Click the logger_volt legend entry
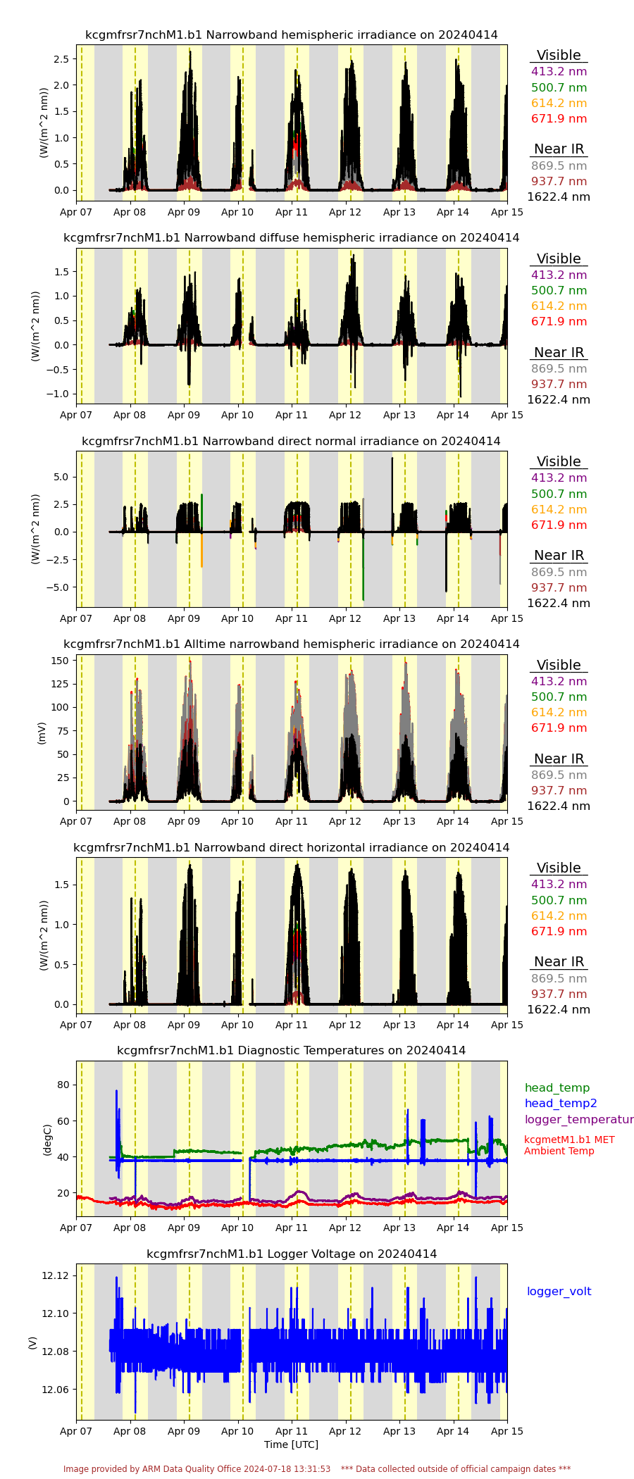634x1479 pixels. pyautogui.click(x=559, y=1291)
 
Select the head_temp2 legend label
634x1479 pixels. pyautogui.click(x=560, y=1103)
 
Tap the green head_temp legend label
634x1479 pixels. pyautogui.click(x=557, y=1087)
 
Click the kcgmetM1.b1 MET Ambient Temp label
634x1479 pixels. pyautogui.click(x=568, y=1144)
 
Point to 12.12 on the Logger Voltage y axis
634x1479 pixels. pyautogui.click(x=55, y=1275)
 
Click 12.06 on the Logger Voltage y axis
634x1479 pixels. pyautogui.click(x=55, y=1389)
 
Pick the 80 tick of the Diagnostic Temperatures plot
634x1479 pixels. pyautogui.click(x=63, y=1084)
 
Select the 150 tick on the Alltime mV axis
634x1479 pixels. pyautogui.click(x=61, y=660)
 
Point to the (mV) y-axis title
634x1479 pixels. pyautogui.click(x=41, y=732)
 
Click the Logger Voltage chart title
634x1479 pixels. pyautogui.click(x=291, y=1254)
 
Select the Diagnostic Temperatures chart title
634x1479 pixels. pyautogui.click(x=291, y=1050)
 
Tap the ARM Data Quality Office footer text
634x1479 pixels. pyautogui.click(x=197, y=1468)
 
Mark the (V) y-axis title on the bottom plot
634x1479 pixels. pyautogui.click(x=32, y=1342)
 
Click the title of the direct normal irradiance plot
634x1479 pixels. pyautogui.click(x=291, y=441)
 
